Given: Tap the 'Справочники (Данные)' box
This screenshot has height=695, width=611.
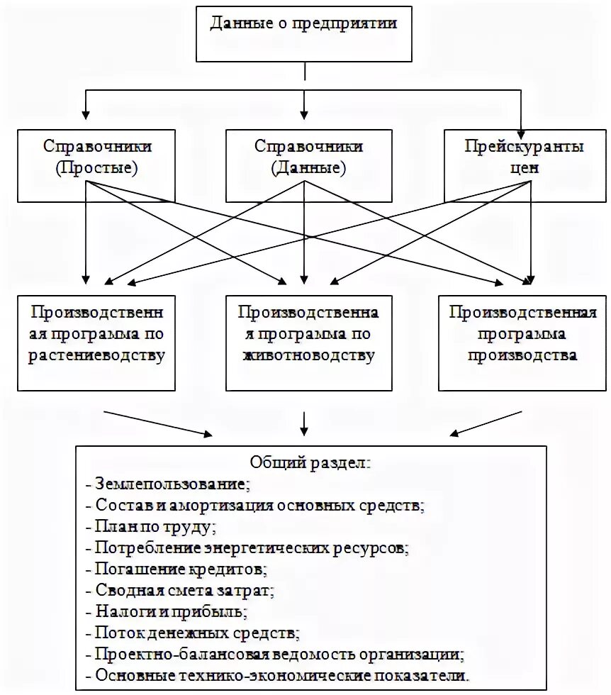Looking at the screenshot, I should pyautogui.click(x=308, y=166).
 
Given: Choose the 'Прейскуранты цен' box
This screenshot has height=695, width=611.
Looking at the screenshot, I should pyautogui.click(x=524, y=166).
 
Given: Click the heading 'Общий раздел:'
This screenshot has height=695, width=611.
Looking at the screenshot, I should pyautogui.click(x=309, y=463).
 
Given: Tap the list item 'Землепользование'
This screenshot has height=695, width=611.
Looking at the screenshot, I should pyautogui.click(x=170, y=484).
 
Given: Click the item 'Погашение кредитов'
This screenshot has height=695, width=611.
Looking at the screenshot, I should pyautogui.click(x=181, y=569).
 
